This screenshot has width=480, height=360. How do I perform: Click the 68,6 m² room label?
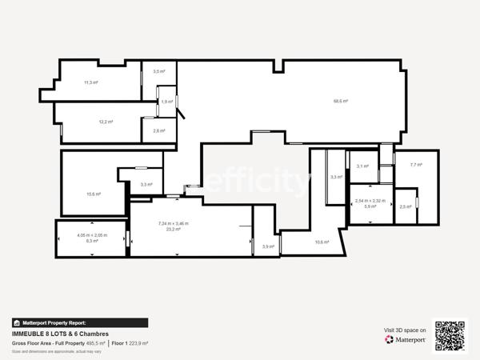341,101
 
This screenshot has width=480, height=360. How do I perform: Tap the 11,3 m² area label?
91,82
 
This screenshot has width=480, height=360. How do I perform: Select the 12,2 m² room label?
106,122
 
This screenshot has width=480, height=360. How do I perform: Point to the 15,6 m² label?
94,194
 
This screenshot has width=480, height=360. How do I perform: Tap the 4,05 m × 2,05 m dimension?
92,235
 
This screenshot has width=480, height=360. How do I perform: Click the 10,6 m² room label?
322,242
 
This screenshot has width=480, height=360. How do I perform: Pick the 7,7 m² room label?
416,165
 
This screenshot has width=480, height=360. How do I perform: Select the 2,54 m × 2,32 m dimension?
370,201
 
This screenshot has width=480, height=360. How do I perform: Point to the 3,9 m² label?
268,246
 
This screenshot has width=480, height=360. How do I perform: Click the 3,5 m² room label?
159,71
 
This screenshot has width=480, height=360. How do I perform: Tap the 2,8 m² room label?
159,130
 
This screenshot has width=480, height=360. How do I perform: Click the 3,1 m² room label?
362,166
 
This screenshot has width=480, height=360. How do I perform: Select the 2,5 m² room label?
406,206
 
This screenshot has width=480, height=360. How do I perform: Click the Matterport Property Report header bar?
80,322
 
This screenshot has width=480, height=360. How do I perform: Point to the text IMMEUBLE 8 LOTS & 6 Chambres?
60,334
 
